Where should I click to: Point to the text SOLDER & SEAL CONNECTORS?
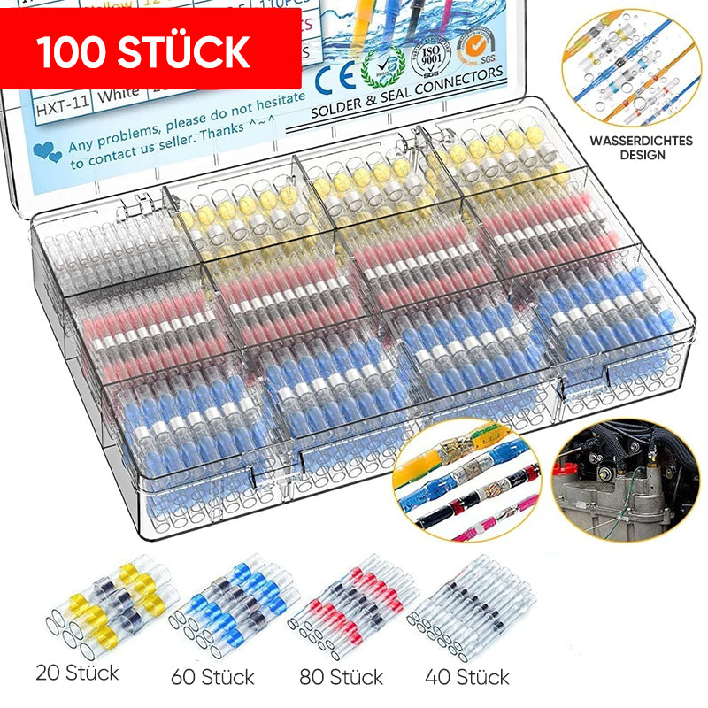[407, 91]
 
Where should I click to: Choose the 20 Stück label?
[78, 673]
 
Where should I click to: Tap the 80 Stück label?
[341, 678]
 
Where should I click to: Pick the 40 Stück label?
[467, 678]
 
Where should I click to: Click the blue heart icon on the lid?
[47, 151]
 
